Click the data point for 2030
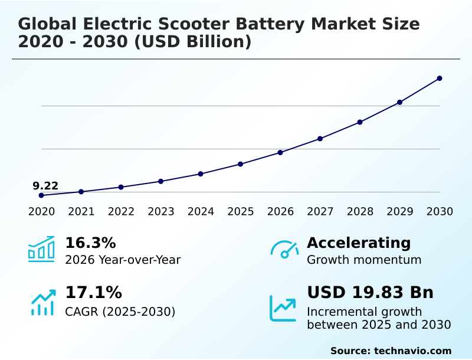440,78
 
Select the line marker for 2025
241,164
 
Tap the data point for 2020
41,195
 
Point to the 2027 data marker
320,139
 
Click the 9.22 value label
45,186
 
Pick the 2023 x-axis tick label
161,212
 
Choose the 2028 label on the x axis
360,212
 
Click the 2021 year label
81,212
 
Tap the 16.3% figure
90,243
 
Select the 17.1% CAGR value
93,293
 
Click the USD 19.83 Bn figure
370,293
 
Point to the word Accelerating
359,243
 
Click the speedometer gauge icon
284,250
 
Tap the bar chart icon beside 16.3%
41,249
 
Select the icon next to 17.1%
42,302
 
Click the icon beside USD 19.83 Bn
283,308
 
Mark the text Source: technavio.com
391,351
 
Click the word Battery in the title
270,24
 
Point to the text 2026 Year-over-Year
123,260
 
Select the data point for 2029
399,103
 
